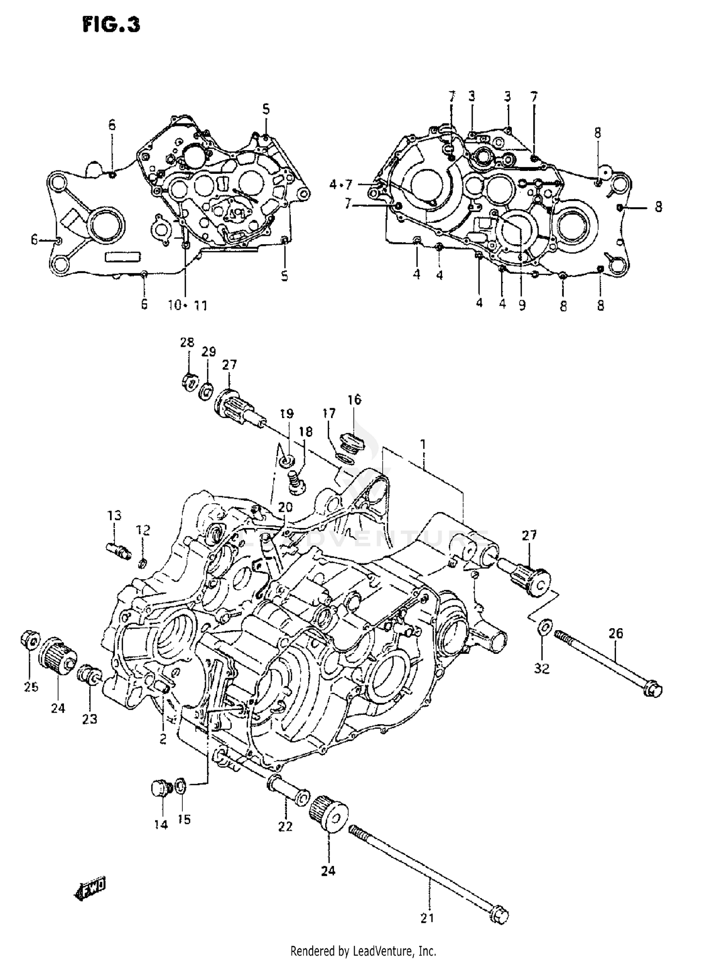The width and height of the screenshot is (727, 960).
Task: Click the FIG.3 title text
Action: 111,25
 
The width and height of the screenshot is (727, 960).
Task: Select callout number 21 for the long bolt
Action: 427,917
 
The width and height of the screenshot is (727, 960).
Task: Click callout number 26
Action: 616,633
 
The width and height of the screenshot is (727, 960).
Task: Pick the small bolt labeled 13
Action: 118,550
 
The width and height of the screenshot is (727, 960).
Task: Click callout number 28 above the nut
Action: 187,342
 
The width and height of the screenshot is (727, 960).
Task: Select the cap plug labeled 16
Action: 353,440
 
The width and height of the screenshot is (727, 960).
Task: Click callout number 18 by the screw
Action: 306,432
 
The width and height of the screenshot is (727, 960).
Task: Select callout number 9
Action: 522,306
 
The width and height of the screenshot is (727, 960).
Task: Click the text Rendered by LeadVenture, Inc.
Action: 363,951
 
